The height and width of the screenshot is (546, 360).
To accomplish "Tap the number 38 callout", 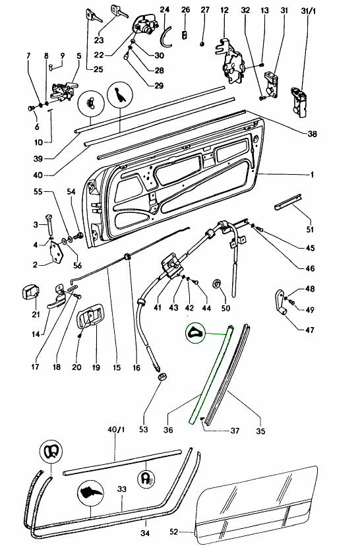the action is [312, 133].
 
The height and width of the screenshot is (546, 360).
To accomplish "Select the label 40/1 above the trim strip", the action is [116, 430].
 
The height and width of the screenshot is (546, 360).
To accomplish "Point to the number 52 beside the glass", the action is [174, 531].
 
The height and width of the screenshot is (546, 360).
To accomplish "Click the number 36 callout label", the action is [168, 430].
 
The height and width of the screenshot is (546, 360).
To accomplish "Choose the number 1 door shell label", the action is [313, 175].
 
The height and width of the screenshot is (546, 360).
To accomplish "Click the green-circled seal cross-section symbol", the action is [195, 333].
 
